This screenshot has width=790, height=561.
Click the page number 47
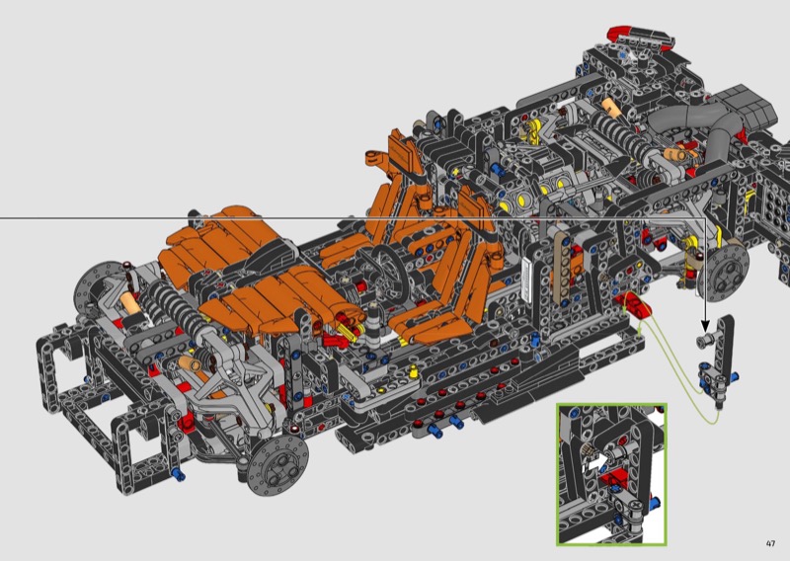click(770, 543)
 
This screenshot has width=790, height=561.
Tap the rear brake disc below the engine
click(726, 272)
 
